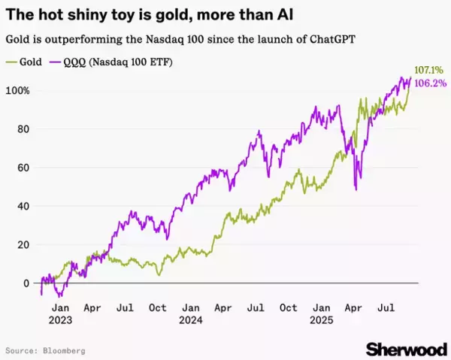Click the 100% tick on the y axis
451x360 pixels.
pyautogui.click(x=20, y=91)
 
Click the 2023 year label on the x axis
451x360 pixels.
pyautogui.click(x=61, y=318)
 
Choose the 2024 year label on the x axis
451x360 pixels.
pyautogui.click(x=191, y=318)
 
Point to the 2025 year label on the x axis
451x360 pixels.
pyautogui.click(x=322, y=318)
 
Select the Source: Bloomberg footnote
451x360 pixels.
pyautogui.click(x=45, y=350)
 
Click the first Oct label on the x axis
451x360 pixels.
pyautogui.click(x=158, y=307)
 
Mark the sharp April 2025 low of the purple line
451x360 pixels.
pyautogui.click(x=355, y=189)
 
